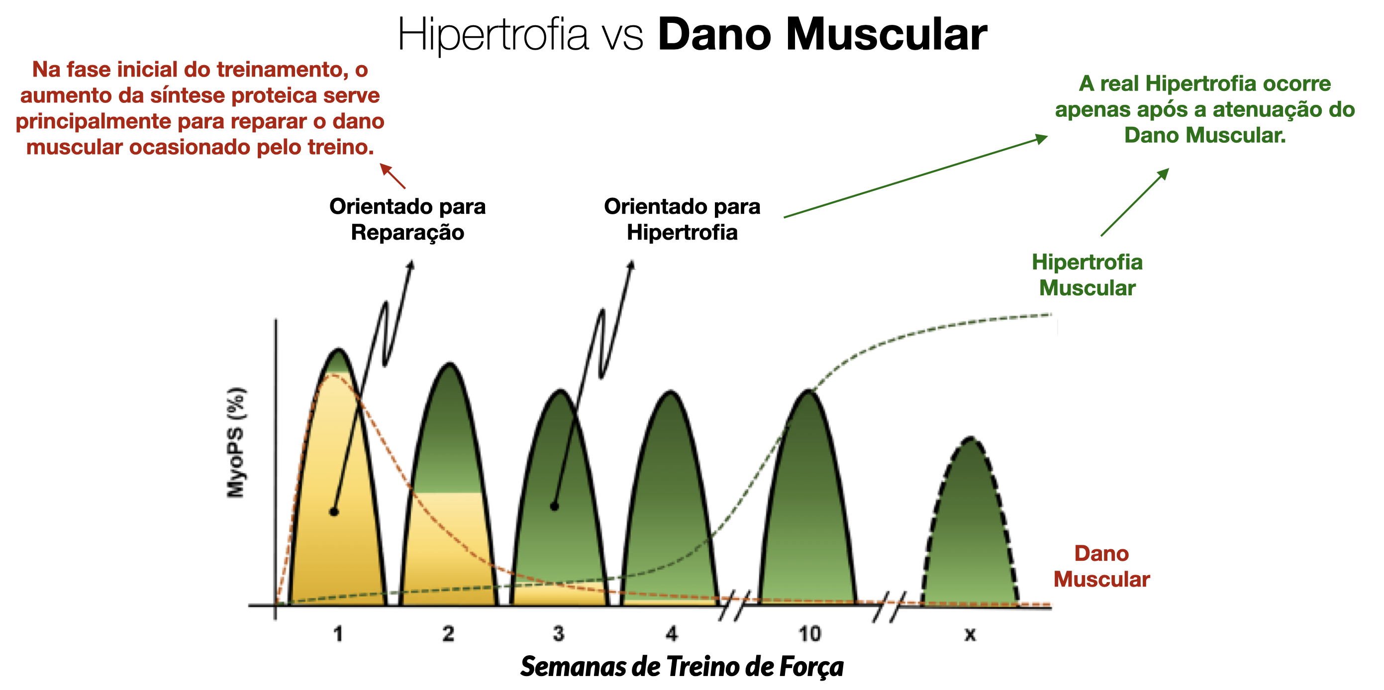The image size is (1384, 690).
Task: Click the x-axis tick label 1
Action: click(x=338, y=634)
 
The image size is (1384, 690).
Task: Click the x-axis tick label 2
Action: click(x=449, y=634)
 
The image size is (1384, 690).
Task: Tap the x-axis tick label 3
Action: click(x=559, y=634)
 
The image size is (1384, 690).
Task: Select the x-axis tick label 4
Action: click(x=672, y=634)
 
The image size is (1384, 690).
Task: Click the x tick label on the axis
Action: click(x=970, y=635)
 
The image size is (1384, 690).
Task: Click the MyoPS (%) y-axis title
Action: click(x=236, y=442)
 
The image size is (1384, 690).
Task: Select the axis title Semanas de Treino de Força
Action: click(x=682, y=666)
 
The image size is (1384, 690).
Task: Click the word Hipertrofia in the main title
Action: click(x=493, y=35)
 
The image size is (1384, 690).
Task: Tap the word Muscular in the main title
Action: click(x=886, y=35)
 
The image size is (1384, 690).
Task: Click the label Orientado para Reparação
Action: click(x=407, y=219)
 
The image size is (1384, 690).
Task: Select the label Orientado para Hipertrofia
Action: click(x=682, y=219)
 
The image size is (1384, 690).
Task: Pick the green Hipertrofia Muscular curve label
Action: click(x=1087, y=275)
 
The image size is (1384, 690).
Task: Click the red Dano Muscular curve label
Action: click(x=1101, y=567)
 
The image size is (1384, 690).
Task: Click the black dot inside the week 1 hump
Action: click(x=334, y=512)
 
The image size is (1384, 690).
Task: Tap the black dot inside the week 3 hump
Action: click(x=555, y=507)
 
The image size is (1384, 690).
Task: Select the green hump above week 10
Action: click(x=808, y=510)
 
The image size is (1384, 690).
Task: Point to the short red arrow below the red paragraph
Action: click(x=393, y=176)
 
